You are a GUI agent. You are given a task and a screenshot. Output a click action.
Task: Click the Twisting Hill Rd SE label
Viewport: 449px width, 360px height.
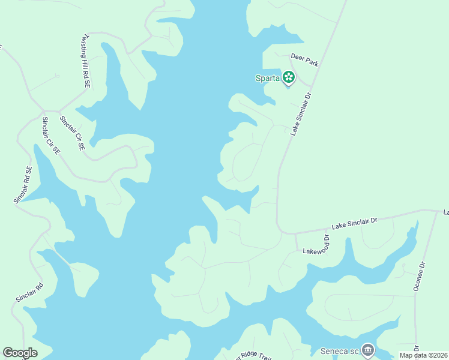(x=85, y=62)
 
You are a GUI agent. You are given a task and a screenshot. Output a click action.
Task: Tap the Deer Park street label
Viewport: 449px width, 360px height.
(x=304, y=59)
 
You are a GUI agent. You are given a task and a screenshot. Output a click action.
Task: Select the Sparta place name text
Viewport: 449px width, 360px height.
(x=268, y=77)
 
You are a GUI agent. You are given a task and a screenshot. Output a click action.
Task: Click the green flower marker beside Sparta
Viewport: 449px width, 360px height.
(x=289, y=77)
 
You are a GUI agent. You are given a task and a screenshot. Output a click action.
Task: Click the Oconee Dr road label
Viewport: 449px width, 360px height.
(x=419, y=277)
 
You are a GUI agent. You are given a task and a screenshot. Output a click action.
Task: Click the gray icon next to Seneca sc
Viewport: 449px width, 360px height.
(x=367, y=349)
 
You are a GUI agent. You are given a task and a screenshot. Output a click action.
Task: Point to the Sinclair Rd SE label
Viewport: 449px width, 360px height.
(x=22, y=185)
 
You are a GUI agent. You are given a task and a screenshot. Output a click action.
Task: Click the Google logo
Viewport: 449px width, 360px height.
(x=20, y=352)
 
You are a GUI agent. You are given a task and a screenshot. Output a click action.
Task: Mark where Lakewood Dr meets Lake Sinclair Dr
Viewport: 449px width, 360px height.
(x=295, y=233)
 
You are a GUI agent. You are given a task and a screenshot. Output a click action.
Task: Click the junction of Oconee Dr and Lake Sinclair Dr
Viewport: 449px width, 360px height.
(x=437, y=211)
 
